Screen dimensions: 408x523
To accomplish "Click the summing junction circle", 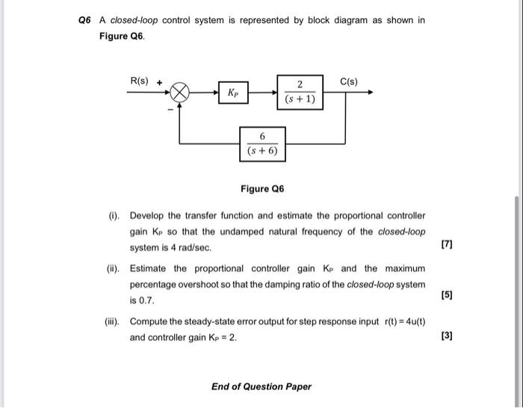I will coord(181,94).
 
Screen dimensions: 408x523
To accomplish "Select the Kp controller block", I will coord(235,94).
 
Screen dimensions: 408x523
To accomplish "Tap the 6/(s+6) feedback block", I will coord(262,143).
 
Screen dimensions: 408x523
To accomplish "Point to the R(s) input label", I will coord(140,79).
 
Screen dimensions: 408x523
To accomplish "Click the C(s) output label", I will coord(349,80).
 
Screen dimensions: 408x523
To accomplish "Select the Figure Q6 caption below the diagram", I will coord(261,189).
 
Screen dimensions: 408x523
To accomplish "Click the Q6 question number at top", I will coord(84,20).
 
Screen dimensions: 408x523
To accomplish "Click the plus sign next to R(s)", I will coord(159,80).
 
